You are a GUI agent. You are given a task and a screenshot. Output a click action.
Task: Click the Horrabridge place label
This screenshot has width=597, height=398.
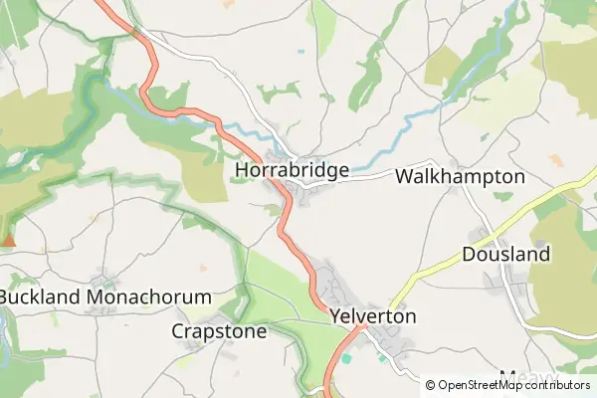tap(292, 170)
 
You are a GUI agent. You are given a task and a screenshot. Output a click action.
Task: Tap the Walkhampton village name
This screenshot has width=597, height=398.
tap(460, 176)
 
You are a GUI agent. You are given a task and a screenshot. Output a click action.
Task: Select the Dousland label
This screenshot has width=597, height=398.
tap(505, 255)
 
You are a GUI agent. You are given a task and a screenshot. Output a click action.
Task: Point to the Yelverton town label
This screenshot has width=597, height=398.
tap(371, 316)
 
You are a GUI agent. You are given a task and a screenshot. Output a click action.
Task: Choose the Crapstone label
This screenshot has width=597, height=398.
tap(219, 331)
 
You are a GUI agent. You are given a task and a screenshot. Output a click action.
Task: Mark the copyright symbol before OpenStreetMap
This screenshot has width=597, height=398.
tap(431, 385)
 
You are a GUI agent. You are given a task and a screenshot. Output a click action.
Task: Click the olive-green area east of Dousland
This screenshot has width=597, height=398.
tap(567, 269)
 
